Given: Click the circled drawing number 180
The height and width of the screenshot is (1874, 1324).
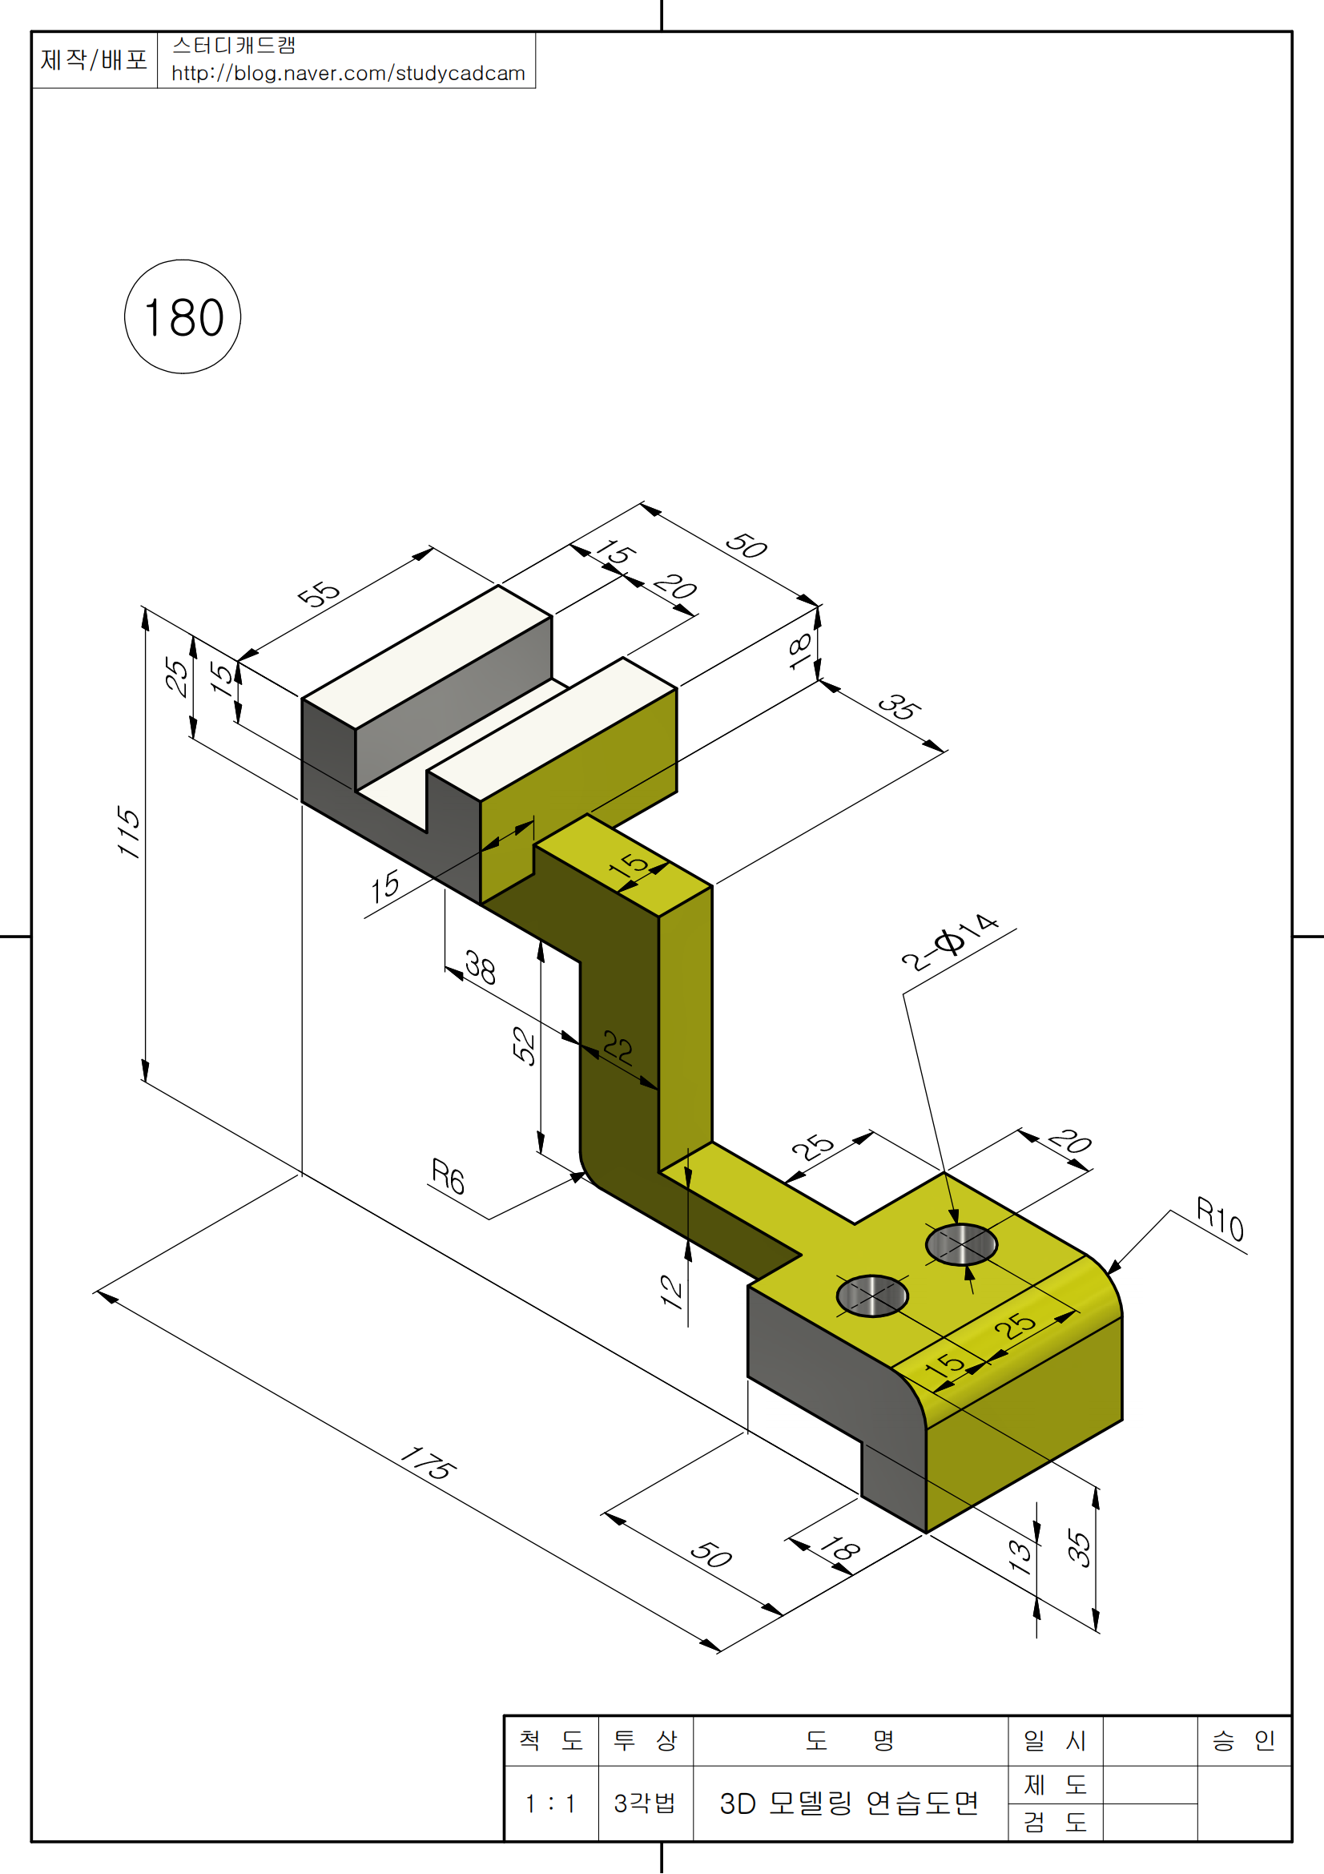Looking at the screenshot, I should tap(183, 316).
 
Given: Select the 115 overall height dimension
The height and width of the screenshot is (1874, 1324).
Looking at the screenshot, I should tap(129, 832).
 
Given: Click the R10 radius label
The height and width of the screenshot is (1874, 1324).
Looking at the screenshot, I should tap(1220, 1219).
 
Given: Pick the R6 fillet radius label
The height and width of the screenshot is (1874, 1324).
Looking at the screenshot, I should tap(448, 1176).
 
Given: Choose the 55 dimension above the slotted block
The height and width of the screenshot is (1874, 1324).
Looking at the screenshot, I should tap(318, 594).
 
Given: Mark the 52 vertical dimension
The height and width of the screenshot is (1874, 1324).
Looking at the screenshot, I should tap(524, 1046).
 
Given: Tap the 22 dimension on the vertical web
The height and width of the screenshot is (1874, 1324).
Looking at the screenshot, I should tap(618, 1047).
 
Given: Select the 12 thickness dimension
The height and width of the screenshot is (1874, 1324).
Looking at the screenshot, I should tap(671, 1291).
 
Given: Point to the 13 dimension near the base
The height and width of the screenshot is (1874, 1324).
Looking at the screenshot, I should tap(1020, 1557).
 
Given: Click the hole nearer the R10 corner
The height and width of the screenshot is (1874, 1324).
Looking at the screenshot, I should tap(961, 1245).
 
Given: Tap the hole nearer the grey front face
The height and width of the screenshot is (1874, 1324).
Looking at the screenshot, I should tap(872, 1296).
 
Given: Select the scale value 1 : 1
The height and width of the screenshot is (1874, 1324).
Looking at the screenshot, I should tap(550, 1803).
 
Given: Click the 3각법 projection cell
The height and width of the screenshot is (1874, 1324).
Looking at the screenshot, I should tap(645, 1803).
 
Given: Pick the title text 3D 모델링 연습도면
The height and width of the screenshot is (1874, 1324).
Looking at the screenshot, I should tap(849, 1803).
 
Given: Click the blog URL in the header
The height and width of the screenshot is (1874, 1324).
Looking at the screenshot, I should tap(348, 74).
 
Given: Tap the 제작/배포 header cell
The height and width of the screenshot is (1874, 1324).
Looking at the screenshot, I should tap(94, 59).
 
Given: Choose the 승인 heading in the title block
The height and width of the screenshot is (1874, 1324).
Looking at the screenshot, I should tap(1243, 1741).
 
